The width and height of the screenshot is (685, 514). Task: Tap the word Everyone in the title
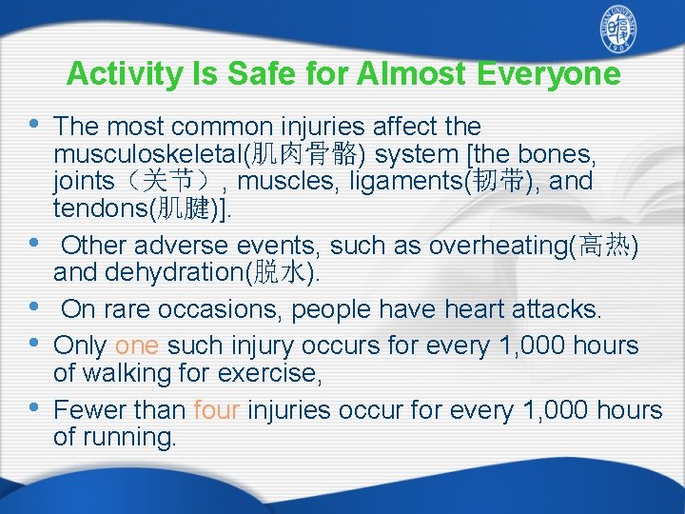(545, 73)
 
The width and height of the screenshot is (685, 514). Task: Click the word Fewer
(89, 410)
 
